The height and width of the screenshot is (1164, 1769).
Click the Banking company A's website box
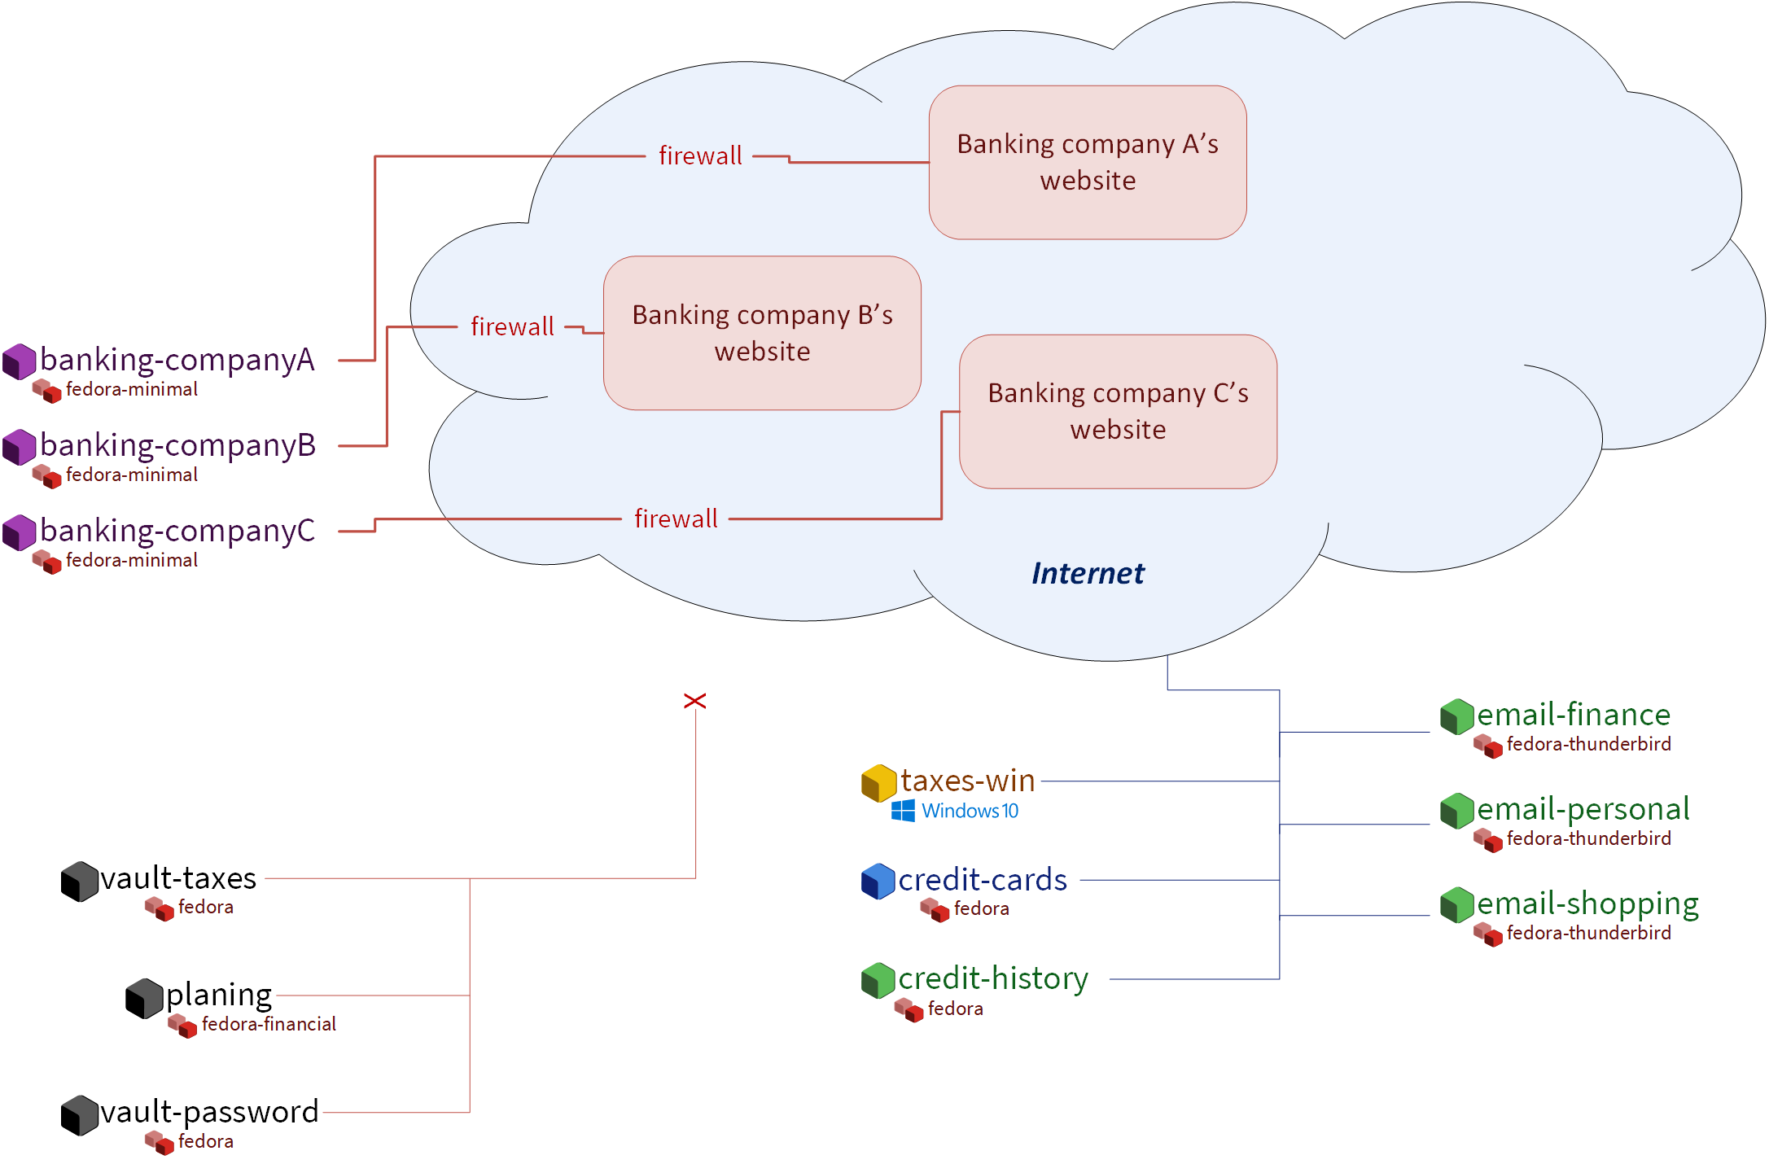pyautogui.click(x=1087, y=162)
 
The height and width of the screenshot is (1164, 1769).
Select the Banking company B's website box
pyautogui.click(x=762, y=333)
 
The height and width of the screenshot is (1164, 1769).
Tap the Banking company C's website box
pyautogui.click(x=1118, y=411)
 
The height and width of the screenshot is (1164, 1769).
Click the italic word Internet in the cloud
pyautogui.click(x=1087, y=573)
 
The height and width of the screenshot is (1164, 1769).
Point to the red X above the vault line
pyautogui.click(x=694, y=701)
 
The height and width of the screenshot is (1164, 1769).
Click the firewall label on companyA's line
pyautogui.click(x=700, y=155)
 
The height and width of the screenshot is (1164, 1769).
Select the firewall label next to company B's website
pyautogui.click(x=512, y=326)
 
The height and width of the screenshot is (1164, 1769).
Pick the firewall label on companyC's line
pyautogui.click(x=676, y=519)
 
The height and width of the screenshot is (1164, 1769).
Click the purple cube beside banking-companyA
pyautogui.click(x=20, y=361)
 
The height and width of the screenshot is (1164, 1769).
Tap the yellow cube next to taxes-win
pyautogui.click(x=879, y=782)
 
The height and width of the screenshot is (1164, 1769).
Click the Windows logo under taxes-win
pyautogui.click(x=903, y=811)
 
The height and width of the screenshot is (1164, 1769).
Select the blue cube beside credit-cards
pyautogui.click(x=878, y=881)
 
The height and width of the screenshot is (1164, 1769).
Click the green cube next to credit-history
pyautogui.click(x=878, y=980)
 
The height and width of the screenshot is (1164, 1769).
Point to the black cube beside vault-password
pyautogui.click(x=80, y=1114)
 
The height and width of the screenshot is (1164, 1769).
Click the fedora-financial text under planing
pyautogui.click(x=269, y=1024)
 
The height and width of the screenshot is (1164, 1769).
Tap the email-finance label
pyautogui.click(x=1573, y=715)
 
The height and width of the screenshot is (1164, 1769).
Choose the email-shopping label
pyautogui.click(x=1587, y=904)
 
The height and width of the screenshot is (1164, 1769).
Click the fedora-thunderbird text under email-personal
pyautogui.click(x=1588, y=838)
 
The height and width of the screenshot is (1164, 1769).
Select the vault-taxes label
pyautogui.click(x=178, y=878)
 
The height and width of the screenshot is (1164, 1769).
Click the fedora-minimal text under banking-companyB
pyautogui.click(x=132, y=475)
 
